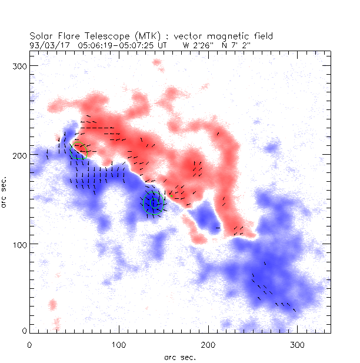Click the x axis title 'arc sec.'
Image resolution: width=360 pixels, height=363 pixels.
(180, 357)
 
